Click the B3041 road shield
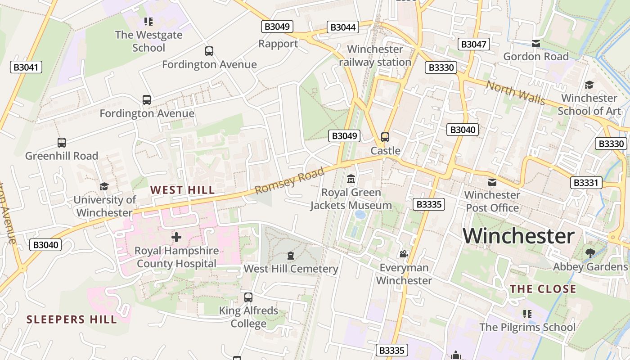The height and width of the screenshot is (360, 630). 26,67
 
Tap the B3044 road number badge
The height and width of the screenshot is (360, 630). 343,27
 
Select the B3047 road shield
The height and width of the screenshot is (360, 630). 474,44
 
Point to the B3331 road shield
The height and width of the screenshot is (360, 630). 586,183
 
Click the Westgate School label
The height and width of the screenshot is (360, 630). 148,41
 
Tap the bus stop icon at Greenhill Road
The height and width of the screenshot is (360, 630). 62,143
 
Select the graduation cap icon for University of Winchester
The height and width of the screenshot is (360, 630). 104,186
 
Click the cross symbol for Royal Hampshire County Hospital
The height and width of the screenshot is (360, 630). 176,237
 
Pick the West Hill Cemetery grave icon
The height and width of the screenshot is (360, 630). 291,256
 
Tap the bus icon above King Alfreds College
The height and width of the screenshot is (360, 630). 248,297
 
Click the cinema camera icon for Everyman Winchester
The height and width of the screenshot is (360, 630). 404,254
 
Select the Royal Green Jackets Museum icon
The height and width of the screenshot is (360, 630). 351,179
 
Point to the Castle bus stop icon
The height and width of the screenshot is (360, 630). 385,137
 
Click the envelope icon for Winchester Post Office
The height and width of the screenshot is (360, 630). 492,182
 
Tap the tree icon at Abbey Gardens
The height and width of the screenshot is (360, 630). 590,253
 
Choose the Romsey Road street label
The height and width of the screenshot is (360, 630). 289,180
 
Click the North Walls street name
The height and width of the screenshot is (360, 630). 515,92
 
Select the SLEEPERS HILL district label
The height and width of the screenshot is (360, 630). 72,319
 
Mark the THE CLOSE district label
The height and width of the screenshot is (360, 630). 543,289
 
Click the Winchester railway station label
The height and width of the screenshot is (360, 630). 375,55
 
